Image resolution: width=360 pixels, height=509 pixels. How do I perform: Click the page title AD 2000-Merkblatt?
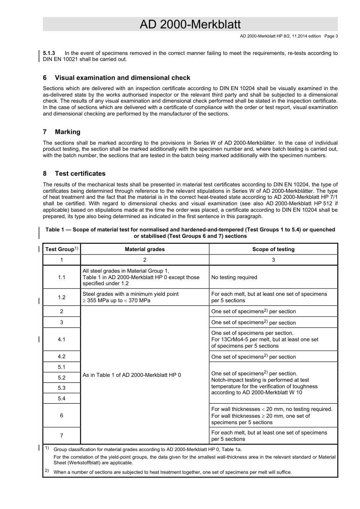pyautogui.click(x=190, y=25)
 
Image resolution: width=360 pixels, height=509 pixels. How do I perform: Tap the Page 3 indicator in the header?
pyautogui.click(x=331, y=36)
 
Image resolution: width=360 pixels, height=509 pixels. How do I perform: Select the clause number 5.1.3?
pyautogui.click(x=49, y=53)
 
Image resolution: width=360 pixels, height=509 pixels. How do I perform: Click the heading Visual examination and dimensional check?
pyautogui.click(x=122, y=78)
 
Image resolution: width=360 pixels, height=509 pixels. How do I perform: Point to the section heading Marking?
pyautogui.click(x=67, y=132)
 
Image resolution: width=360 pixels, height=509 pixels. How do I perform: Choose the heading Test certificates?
pyautogui.click(x=80, y=173)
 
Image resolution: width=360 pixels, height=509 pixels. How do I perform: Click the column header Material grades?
pyautogui.click(x=145, y=249)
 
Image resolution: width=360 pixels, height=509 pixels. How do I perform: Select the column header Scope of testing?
pyautogui.click(x=273, y=249)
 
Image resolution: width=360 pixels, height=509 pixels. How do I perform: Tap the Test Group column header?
pyautogui.click(x=60, y=249)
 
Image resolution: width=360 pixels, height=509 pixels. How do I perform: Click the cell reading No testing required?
pyautogui.click(x=234, y=277)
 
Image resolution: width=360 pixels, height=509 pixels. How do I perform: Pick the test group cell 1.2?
pyautogui.click(x=62, y=297)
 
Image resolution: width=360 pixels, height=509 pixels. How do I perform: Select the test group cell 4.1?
pyautogui.click(x=62, y=339)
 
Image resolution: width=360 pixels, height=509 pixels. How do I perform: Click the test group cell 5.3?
pyautogui.click(x=62, y=388)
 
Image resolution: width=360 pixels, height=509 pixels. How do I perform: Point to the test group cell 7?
pyautogui.click(x=62, y=436)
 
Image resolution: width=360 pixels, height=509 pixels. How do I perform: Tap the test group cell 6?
pyautogui.click(x=62, y=415)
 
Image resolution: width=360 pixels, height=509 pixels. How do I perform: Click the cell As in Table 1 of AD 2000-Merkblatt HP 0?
pyautogui.click(x=132, y=375)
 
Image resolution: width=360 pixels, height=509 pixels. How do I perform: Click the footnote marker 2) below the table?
pyautogui.click(x=47, y=471)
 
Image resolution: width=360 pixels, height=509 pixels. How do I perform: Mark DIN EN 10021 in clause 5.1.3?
pyautogui.click(x=60, y=59)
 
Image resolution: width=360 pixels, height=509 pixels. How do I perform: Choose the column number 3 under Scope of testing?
pyautogui.click(x=273, y=260)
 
